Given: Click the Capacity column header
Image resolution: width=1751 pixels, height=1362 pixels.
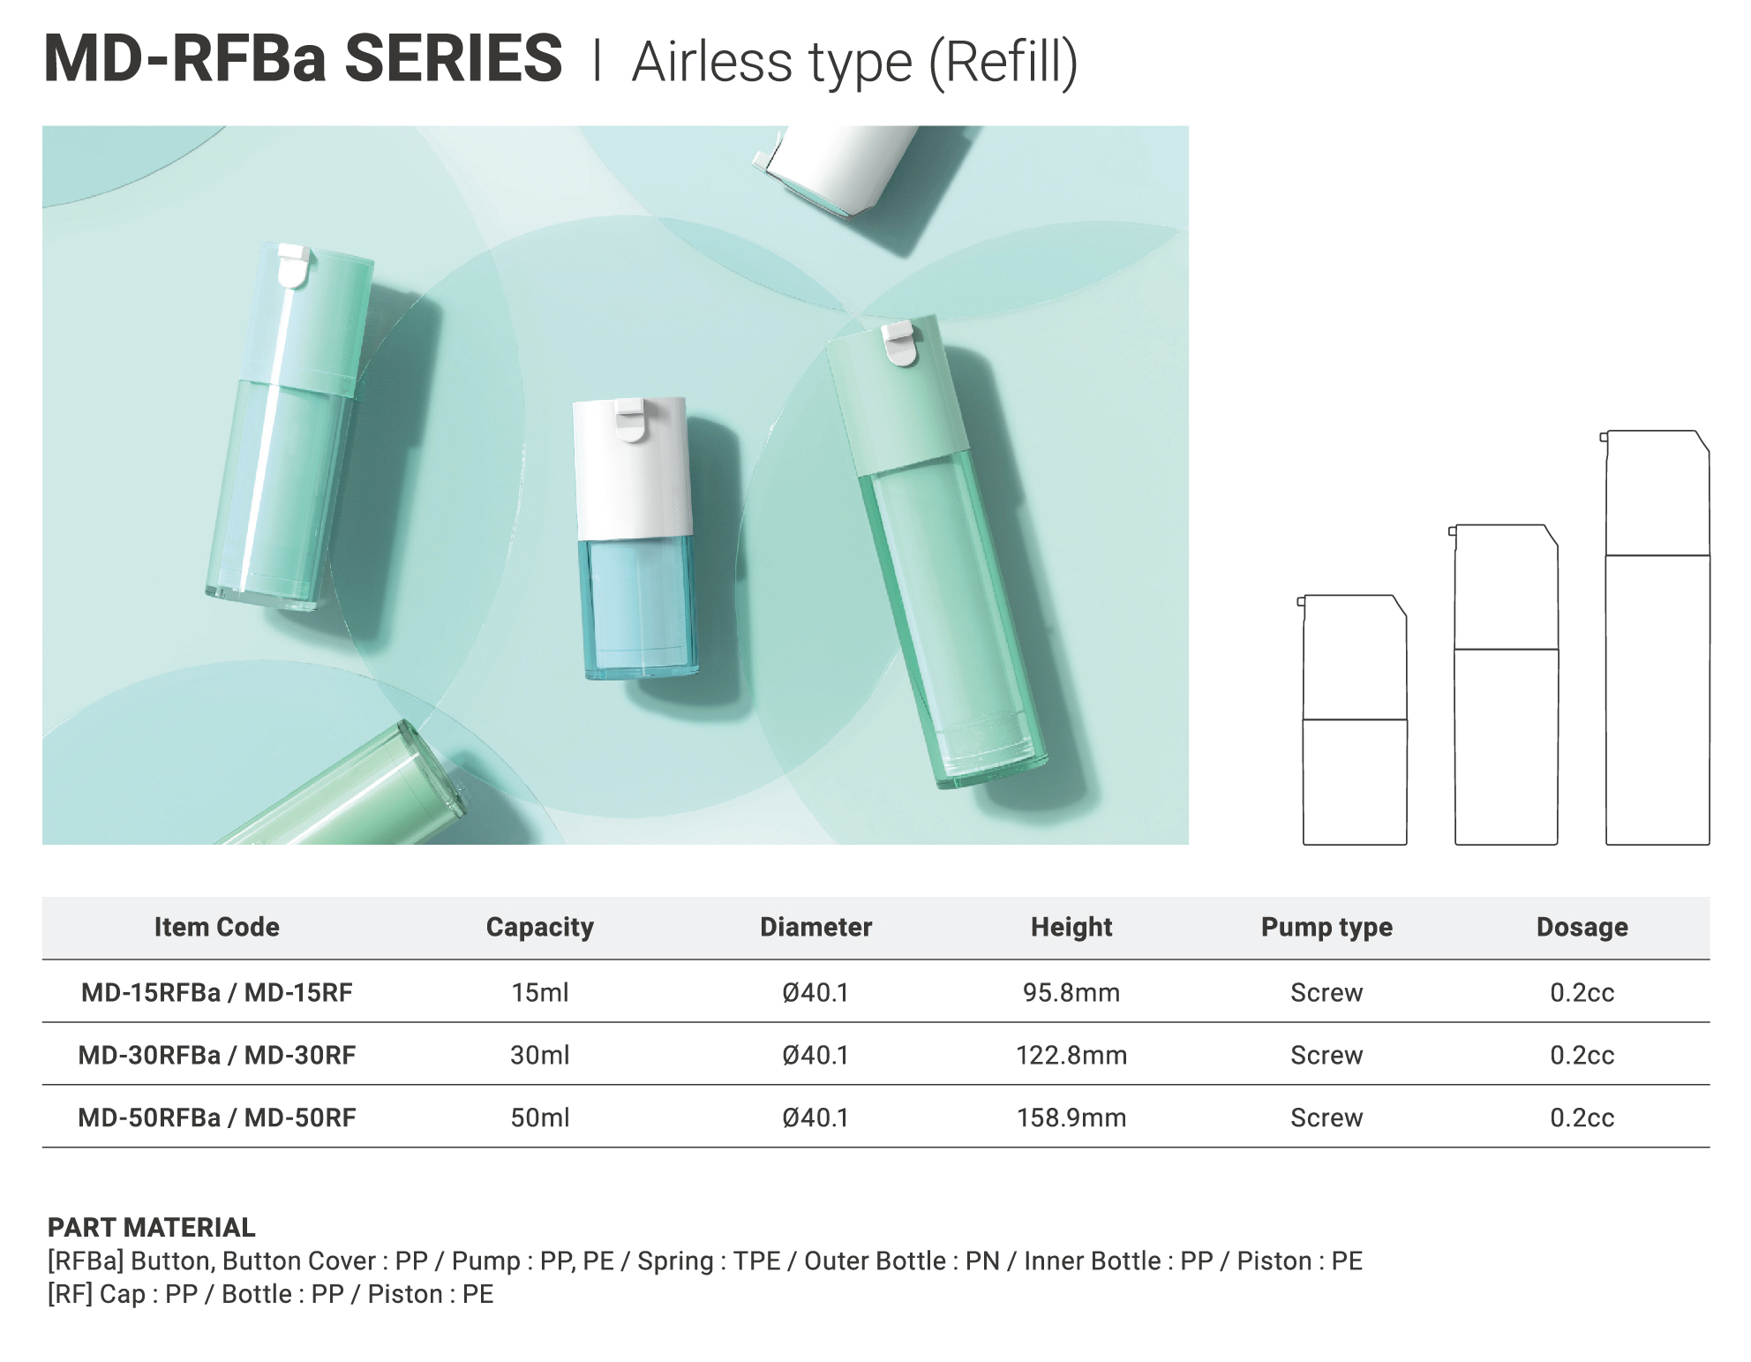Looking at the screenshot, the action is tap(540, 927).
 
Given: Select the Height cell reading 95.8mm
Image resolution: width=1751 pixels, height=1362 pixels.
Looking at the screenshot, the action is tap(1071, 993).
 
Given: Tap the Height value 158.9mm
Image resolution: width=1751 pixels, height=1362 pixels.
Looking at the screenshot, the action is tap(1071, 1118).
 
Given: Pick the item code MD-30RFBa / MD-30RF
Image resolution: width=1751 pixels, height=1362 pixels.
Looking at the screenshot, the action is tap(217, 1056).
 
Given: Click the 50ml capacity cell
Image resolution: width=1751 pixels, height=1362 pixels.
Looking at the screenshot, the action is tap(540, 1118).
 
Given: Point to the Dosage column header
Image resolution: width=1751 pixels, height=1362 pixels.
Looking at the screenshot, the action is tap(1582, 927).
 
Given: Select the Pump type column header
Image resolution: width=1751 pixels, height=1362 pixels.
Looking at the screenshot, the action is tap(1326, 927).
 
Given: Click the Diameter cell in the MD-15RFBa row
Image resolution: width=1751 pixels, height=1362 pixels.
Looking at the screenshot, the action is tap(815, 993).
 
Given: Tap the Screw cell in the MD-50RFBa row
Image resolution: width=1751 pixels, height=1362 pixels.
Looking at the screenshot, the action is tap(1326, 1118).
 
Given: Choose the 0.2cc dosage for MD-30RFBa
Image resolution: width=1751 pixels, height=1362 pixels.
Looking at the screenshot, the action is tap(1582, 1056).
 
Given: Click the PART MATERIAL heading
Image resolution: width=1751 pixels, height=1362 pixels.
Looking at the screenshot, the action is tap(152, 1228).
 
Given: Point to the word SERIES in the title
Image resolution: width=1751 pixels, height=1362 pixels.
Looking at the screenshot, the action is tap(454, 59).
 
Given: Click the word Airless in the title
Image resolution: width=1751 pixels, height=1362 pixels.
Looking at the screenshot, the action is tap(712, 63).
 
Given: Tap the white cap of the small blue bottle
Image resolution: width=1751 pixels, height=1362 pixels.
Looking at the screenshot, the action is tap(632, 468).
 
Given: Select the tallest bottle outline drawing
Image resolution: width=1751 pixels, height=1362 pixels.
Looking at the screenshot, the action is tap(1656, 637).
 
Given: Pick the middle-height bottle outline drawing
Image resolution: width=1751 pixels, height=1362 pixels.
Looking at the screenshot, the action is tap(1505, 684).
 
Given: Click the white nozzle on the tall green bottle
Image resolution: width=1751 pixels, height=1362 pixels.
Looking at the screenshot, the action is tap(901, 342).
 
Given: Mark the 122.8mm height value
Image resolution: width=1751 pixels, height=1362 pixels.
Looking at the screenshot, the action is tap(1071, 1056).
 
